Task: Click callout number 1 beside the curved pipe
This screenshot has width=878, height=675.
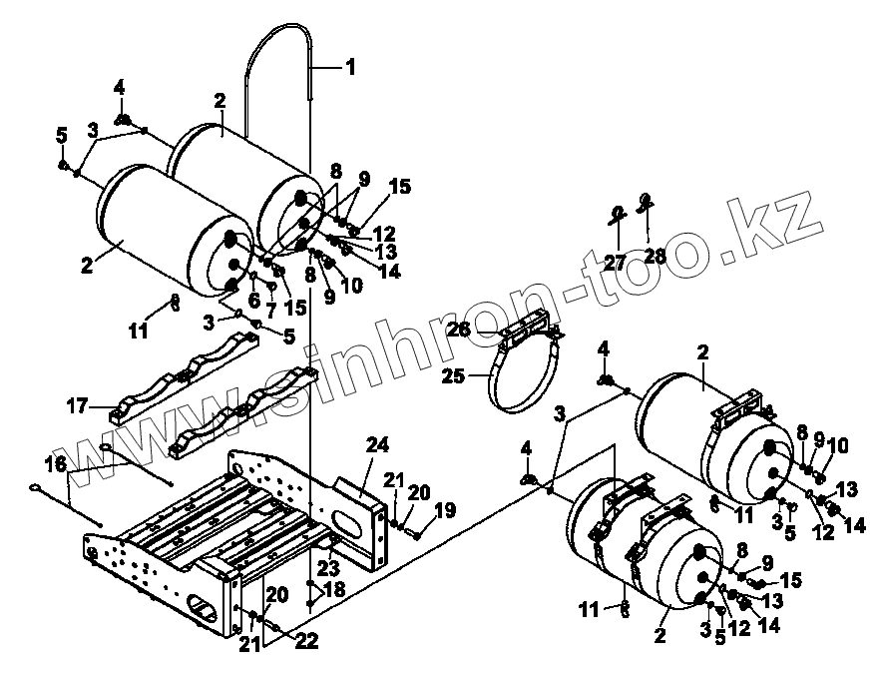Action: click(x=349, y=68)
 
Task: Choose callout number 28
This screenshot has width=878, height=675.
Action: click(x=655, y=256)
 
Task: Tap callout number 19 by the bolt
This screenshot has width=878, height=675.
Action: click(x=444, y=510)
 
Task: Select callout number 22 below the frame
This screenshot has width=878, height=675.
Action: click(x=306, y=642)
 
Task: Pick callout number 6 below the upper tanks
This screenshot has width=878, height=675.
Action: click(x=254, y=300)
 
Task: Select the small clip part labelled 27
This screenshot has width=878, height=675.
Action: click(x=619, y=212)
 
